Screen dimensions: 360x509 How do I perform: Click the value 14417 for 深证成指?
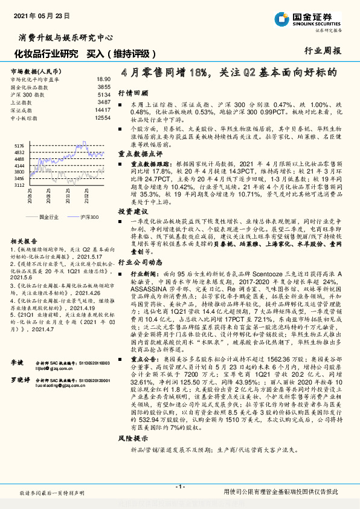pos(103,110)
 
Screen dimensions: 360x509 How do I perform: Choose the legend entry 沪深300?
pos(88,216)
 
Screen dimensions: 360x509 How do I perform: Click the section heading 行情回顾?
pos(133,94)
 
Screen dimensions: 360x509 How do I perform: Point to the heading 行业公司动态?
pos(140,262)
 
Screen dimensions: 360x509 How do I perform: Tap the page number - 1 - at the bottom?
pos(179,487)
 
